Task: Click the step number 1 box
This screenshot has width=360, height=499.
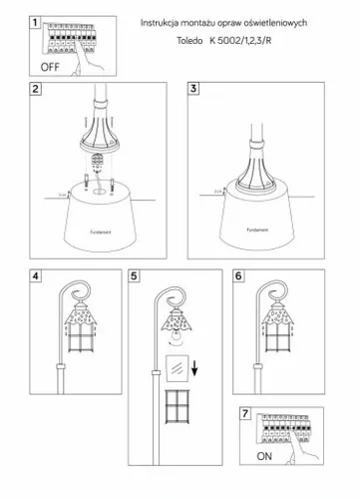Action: pyautogui.click(x=36, y=22)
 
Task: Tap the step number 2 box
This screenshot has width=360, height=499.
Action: pyautogui.click(x=36, y=90)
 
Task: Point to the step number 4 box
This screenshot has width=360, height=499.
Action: pyautogui.click(x=36, y=275)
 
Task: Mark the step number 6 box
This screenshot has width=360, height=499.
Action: pyautogui.click(x=238, y=275)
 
